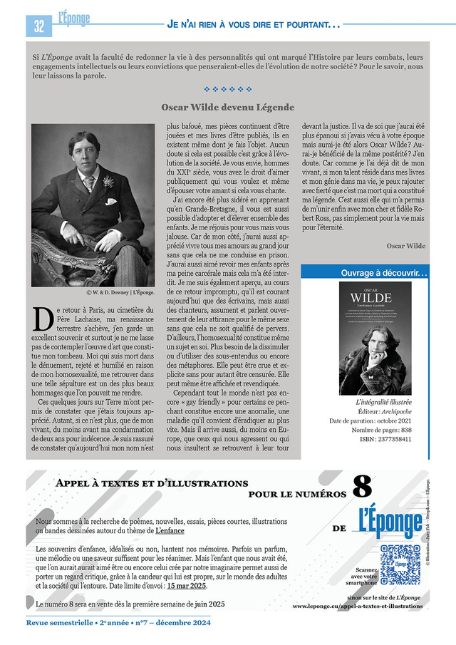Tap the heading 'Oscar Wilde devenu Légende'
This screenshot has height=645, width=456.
point(227,107)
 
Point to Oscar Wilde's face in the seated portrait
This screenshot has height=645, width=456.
point(85,153)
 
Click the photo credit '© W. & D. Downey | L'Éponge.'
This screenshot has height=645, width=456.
point(120,292)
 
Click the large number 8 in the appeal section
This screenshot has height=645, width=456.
point(362,487)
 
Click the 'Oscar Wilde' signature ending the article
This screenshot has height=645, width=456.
point(406,246)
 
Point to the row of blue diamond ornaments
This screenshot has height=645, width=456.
point(227,89)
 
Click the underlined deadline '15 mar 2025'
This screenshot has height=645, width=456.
point(187,586)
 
